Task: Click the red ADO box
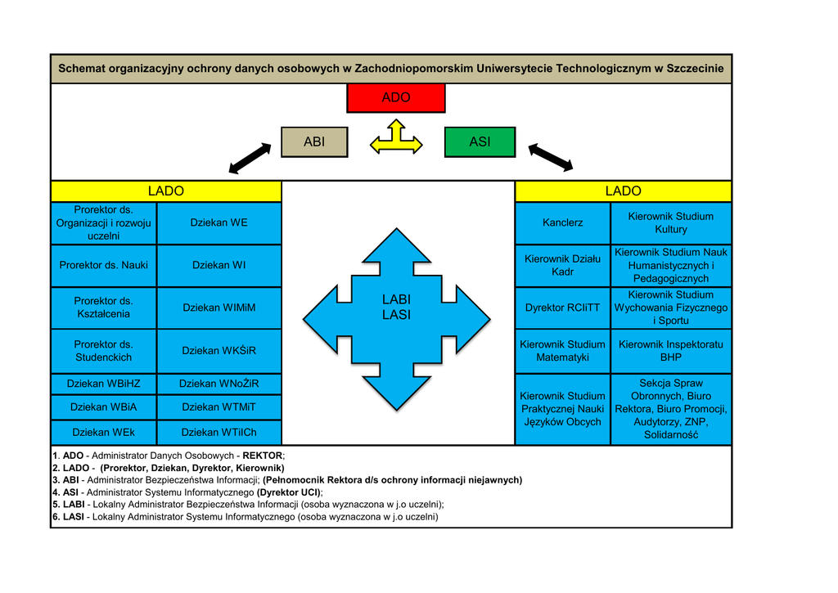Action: click(396, 98)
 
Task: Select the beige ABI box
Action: click(314, 142)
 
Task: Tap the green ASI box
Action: click(480, 142)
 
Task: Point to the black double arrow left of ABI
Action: click(250, 159)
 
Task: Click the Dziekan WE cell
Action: click(219, 222)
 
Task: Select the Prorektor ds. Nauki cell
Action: click(103, 265)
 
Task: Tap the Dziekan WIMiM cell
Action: click(219, 308)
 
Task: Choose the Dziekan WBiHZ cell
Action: click(103, 383)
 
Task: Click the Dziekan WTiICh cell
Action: click(219, 432)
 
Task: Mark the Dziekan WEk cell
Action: click(103, 432)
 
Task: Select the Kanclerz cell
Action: click(562, 222)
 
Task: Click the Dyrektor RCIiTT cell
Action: click(562, 308)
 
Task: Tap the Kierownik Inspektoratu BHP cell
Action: click(671, 351)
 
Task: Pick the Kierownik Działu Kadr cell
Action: click(562, 265)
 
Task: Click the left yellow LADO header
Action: click(165, 191)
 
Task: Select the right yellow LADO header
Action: click(623, 191)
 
